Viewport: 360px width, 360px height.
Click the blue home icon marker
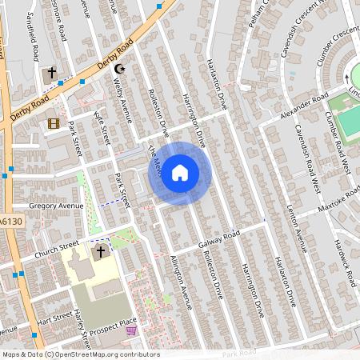pos(180,172)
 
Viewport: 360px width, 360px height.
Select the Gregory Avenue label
pos(56,206)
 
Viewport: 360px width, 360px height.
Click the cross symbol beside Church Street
pos(100,252)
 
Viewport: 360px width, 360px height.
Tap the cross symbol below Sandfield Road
pos(52,73)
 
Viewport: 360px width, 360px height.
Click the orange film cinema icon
pos(54,123)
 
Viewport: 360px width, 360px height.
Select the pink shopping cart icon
pos(131,330)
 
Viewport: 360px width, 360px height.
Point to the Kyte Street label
pos(102,128)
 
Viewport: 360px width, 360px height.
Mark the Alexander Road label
pos(305,106)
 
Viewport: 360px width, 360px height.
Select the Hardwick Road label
pos(345,264)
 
